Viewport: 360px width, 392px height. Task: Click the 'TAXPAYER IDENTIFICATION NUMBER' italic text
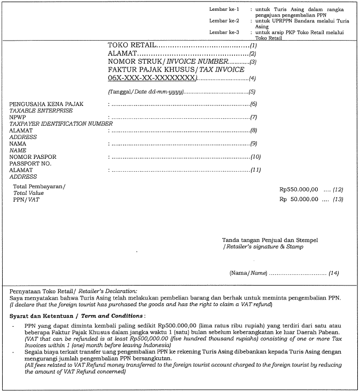pyautogui.click(x=61, y=124)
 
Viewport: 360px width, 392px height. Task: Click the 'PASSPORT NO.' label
pyautogui.click(x=30, y=163)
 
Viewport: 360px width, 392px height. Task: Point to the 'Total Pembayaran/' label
pyautogui.click(x=39, y=186)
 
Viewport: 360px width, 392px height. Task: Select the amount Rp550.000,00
pyautogui.click(x=299, y=189)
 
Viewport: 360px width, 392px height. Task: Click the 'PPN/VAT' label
pyautogui.click(x=26, y=199)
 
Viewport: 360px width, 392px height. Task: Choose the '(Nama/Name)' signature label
pyautogui.click(x=248, y=273)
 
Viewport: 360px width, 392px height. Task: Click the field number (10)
pyautogui.click(x=255, y=157)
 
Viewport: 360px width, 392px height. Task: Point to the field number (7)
pyautogui.click(x=254, y=117)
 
